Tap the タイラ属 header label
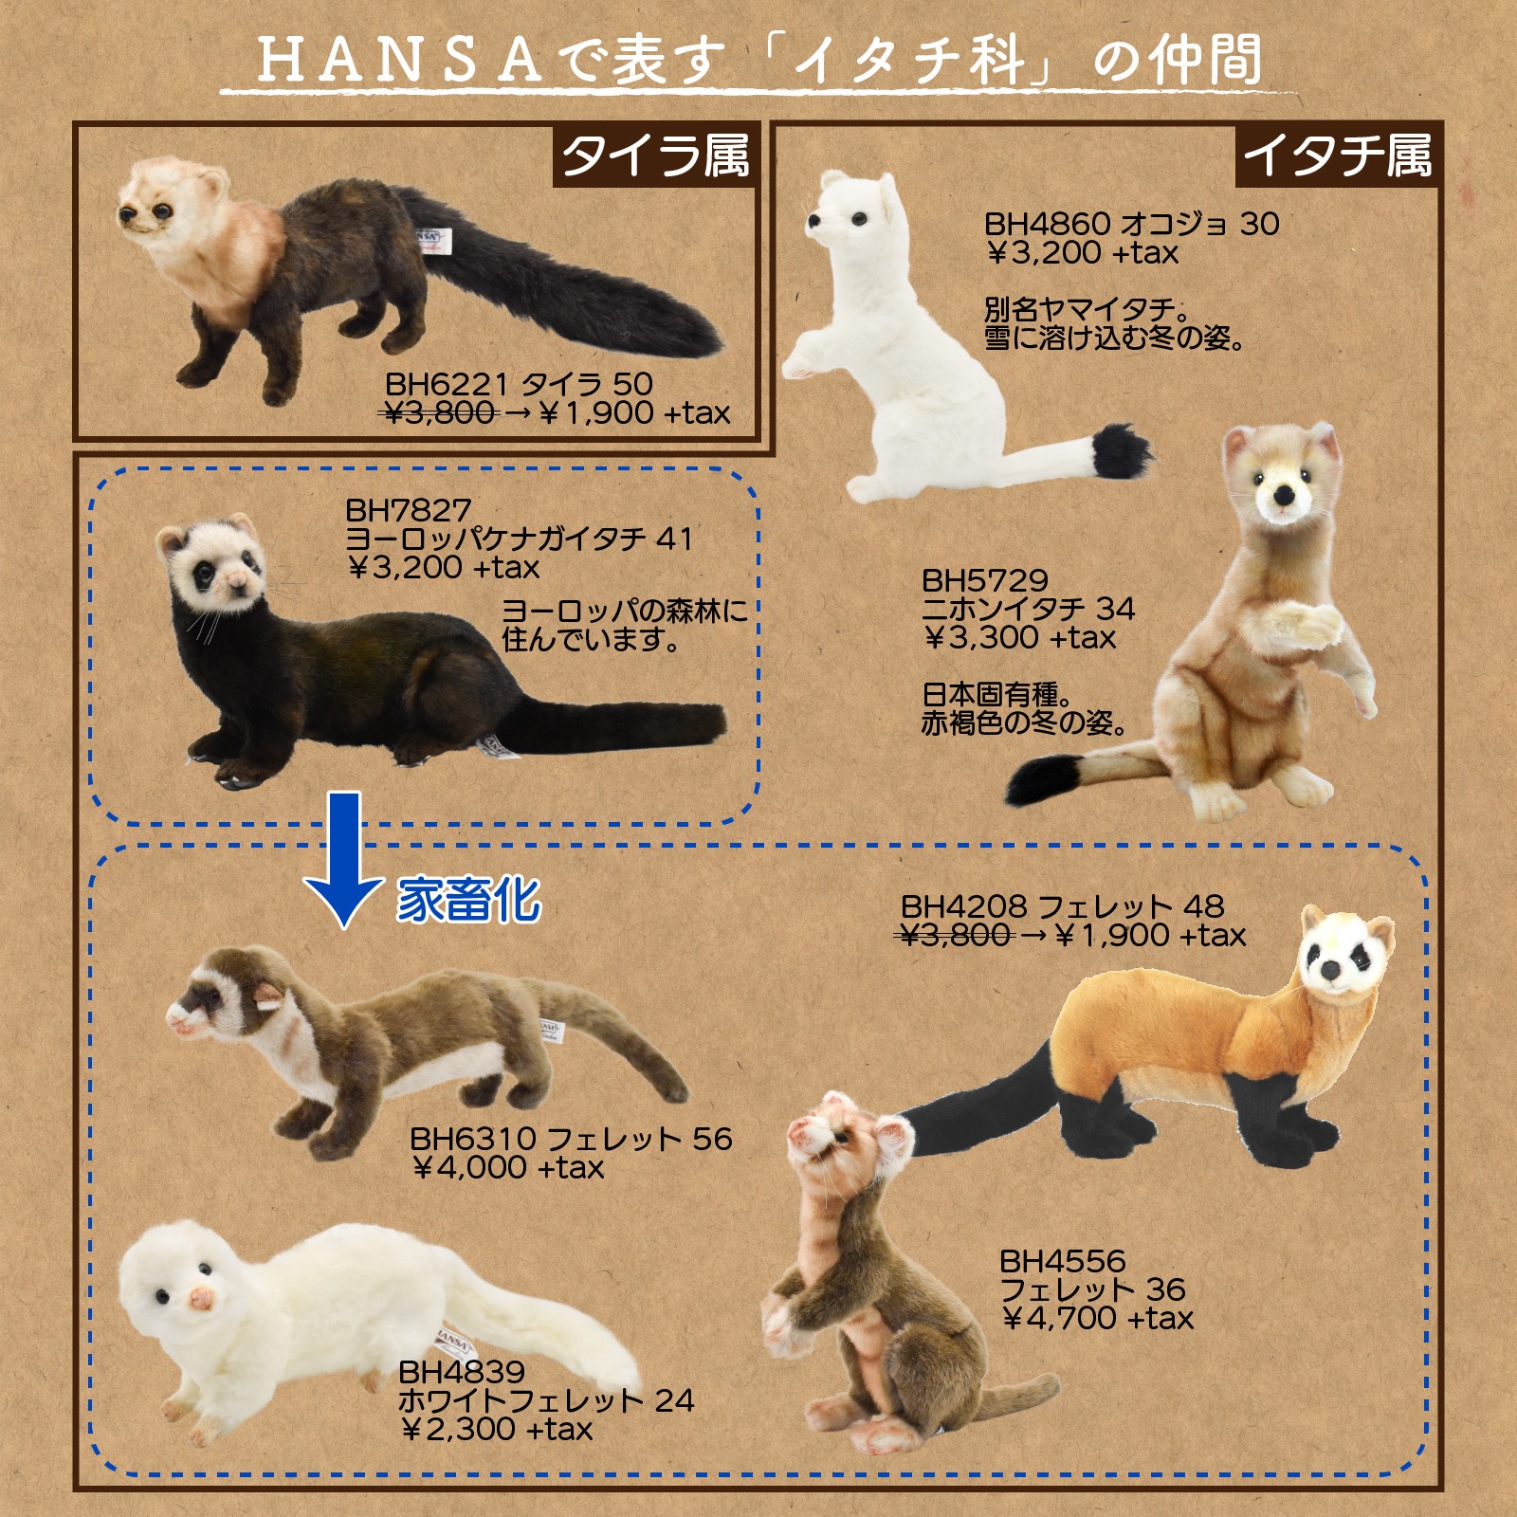coord(655,155)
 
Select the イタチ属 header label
coord(1337,155)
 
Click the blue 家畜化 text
coord(468,900)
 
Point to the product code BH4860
coord(1047,225)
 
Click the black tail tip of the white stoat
coord(1122,452)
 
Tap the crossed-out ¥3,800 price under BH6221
coord(441,412)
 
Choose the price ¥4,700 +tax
coord(1097,1318)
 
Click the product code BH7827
coord(408,510)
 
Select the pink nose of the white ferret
coord(201,1298)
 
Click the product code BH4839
coord(462,1372)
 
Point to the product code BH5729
coord(985,580)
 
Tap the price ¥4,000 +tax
coord(507,1167)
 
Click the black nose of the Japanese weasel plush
coord(1284,495)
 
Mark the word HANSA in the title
coord(400,62)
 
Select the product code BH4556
coord(1063,1262)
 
